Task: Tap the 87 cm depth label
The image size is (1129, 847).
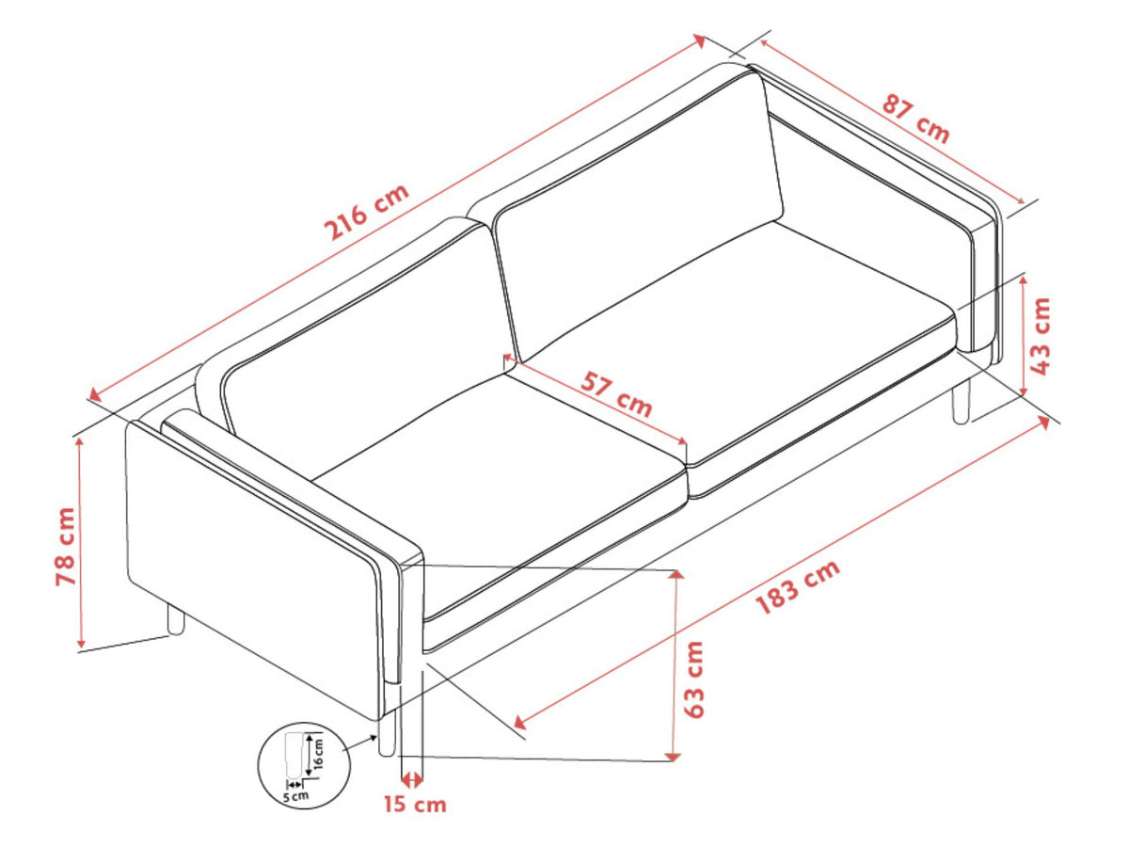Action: point(916,119)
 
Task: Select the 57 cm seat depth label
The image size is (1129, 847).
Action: point(616,394)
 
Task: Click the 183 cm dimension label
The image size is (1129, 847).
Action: point(797,588)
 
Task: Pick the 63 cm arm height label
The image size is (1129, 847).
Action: point(693,679)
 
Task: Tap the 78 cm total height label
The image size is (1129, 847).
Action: point(67,547)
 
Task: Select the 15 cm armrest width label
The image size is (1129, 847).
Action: point(415,805)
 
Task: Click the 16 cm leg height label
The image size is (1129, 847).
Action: point(319,754)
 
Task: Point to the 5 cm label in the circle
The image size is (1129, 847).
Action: point(295,796)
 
